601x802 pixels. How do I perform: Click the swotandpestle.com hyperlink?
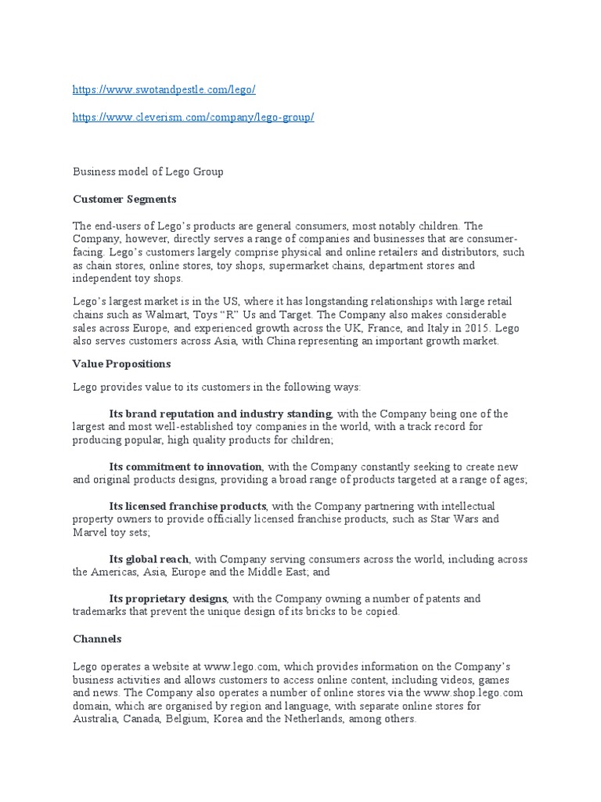[x=164, y=90]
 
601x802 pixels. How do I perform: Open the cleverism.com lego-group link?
[x=193, y=117]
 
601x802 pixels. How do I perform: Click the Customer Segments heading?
[x=124, y=199]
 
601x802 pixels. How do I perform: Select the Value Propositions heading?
[x=121, y=364]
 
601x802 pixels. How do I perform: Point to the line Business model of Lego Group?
[x=148, y=172]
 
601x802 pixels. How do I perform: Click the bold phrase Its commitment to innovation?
[x=185, y=467]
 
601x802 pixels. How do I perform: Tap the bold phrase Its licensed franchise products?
[x=188, y=506]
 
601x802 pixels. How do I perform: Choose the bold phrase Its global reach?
[x=149, y=559]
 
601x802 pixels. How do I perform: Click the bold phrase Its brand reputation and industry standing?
[x=221, y=414]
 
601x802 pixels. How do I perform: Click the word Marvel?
[x=91, y=533]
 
